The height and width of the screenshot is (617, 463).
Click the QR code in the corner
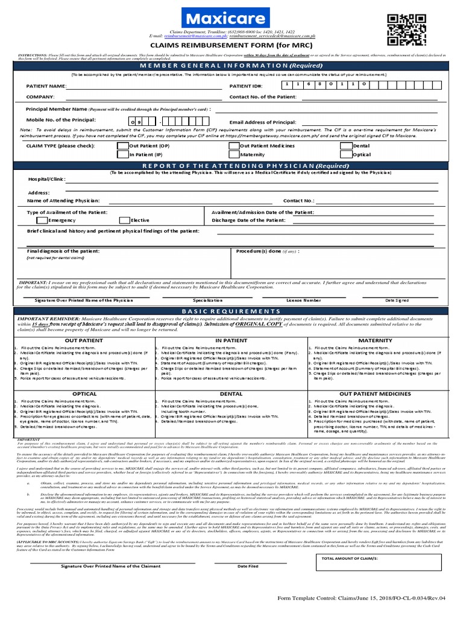click(x=402, y=30)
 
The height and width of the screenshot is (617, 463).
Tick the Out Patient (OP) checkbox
click(x=123, y=146)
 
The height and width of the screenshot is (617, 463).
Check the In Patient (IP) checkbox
click(x=123, y=155)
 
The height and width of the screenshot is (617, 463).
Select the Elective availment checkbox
click(x=125, y=221)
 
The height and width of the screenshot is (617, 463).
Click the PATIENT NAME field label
click(x=46, y=87)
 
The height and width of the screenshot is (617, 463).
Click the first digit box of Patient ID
click(x=288, y=86)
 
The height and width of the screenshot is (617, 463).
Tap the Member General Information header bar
click(x=231, y=65)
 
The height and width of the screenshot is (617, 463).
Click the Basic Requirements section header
click(x=231, y=310)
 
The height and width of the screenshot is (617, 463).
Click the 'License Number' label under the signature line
click(x=303, y=299)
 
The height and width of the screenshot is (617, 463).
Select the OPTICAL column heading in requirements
click(x=84, y=393)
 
